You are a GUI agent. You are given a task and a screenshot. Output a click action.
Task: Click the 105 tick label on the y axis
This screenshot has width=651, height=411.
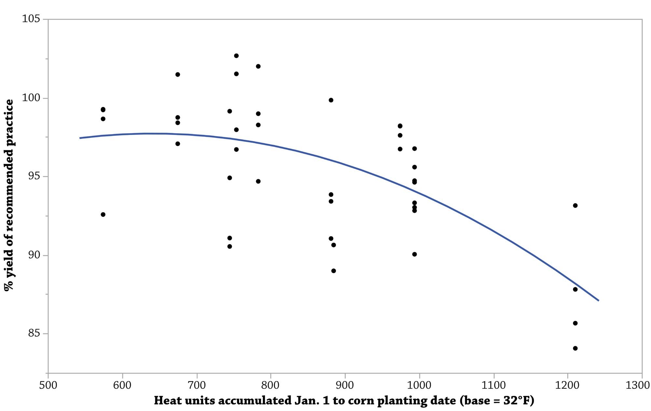click(31, 19)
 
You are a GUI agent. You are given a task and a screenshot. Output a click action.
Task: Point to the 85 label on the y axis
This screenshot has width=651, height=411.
click(34, 333)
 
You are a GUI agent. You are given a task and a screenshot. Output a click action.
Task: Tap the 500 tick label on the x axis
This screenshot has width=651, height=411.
click(48, 385)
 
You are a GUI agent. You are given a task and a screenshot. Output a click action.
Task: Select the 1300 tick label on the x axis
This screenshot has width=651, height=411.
click(638, 385)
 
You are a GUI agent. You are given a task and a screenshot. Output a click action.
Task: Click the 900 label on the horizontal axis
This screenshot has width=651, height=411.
click(345, 385)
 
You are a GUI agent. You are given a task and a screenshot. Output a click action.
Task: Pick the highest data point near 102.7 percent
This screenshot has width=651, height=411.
click(236, 56)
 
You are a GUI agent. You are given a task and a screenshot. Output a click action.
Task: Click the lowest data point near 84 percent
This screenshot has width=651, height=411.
click(575, 348)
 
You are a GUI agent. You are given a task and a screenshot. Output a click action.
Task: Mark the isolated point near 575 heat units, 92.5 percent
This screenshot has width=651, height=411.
click(103, 214)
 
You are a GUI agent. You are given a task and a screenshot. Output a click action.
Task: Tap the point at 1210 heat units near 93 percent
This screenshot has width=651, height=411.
click(575, 206)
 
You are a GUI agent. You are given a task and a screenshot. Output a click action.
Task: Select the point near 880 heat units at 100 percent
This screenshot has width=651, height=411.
click(331, 100)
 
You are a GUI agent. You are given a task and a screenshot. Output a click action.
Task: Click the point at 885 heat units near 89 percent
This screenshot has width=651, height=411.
click(334, 271)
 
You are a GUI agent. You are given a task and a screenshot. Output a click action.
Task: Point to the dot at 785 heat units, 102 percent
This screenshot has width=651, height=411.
click(258, 66)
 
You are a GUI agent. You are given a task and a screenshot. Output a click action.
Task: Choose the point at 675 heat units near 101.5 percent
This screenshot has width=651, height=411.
click(178, 75)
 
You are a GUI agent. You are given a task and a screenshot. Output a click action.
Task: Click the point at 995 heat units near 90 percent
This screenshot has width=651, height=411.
click(414, 254)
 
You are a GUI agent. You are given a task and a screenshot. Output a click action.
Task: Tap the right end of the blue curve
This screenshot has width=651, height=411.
click(599, 301)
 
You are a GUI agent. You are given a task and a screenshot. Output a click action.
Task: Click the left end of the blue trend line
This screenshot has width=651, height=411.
click(80, 138)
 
